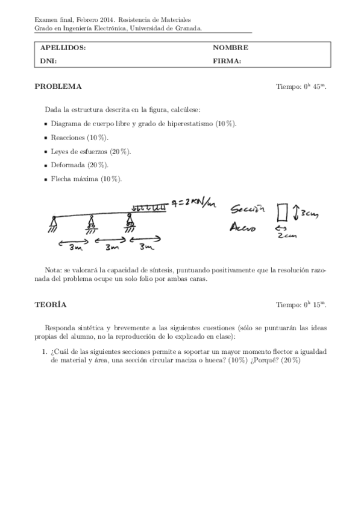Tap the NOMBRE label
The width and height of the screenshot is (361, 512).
(x=230, y=48)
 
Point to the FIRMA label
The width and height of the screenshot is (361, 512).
(x=227, y=60)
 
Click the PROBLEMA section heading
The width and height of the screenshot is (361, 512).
(x=58, y=86)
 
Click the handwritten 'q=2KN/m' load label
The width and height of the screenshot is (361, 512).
(x=192, y=205)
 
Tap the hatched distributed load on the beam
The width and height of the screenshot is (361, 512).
(x=149, y=207)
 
